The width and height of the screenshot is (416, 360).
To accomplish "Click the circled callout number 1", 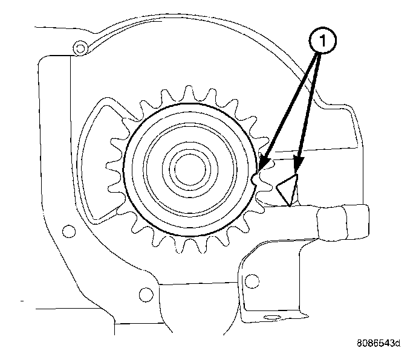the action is [x=323, y=42].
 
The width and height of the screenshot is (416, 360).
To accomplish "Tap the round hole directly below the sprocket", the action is [x=145, y=295].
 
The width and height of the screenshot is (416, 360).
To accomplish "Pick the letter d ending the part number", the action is [x=397, y=343].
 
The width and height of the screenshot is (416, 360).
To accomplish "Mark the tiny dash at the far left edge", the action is [x=21, y=300].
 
